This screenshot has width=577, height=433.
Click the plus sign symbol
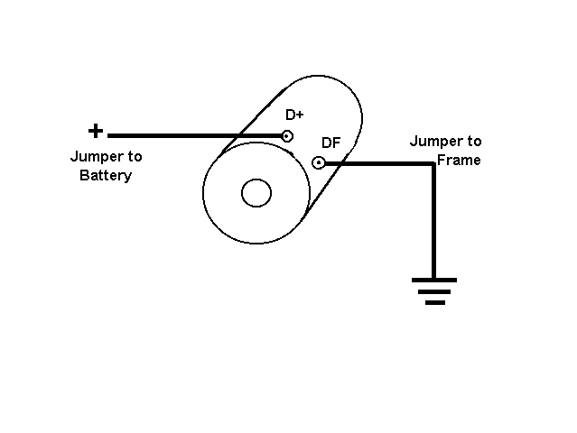tap(95, 132)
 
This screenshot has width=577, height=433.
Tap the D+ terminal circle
tap(287, 137)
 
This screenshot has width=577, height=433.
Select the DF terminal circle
tap(318, 163)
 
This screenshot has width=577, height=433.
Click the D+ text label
tap(294, 115)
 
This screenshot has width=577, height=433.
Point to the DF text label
tap(330, 143)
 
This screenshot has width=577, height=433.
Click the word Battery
tap(106, 175)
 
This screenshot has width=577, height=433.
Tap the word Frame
tap(458, 160)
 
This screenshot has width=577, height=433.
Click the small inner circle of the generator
tap(256, 192)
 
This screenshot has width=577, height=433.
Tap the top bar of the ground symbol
tap(434, 281)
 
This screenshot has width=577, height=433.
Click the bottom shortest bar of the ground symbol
tap(434, 302)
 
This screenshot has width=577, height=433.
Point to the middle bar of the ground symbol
tap(434, 291)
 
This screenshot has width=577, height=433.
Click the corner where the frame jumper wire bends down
tap(433, 164)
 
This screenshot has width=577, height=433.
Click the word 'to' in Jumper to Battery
tap(133, 157)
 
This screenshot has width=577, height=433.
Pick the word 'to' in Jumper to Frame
tap(473, 142)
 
